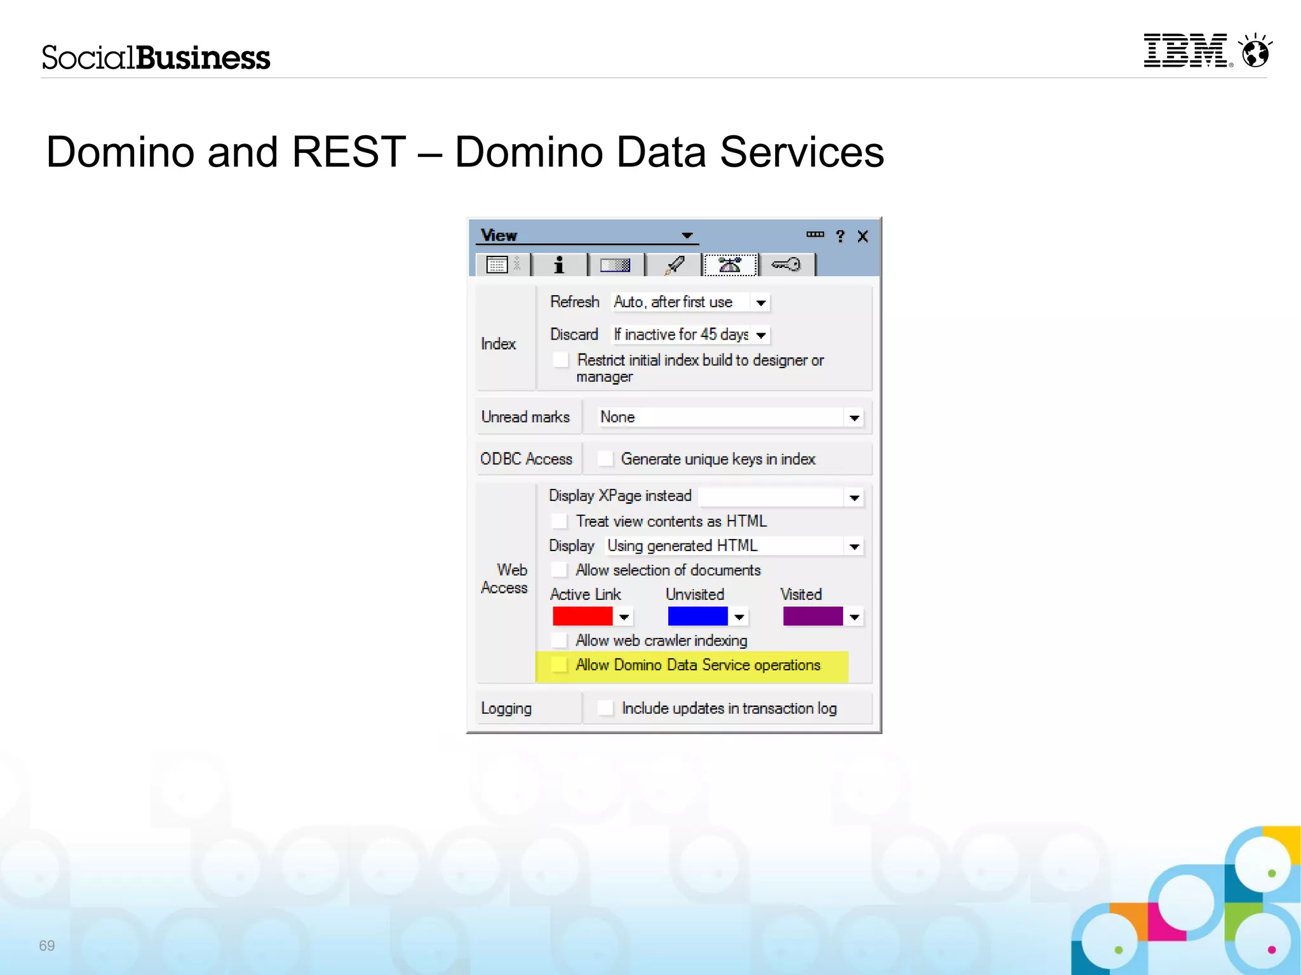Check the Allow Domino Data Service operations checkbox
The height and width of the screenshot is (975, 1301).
[x=560, y=665]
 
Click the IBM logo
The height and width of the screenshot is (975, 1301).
[x=1186, y=51]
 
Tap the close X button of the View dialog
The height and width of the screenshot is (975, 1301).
[x=863, y=237]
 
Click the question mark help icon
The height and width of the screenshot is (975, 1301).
[x=840, y=237]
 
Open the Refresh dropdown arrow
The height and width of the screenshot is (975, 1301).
[x=760, y=303]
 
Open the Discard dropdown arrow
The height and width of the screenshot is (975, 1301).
[x=760, y=335]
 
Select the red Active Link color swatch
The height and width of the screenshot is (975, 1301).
[x=582, y=616]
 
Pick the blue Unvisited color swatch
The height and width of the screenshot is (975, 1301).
[x=697, y=616]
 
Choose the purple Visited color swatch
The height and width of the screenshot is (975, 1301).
[x=812, y=616]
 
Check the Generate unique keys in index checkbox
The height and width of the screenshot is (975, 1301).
[x=605, y=458]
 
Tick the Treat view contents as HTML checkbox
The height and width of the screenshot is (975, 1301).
[x=560, y=521]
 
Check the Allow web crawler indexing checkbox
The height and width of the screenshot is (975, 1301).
[x=560, y=640]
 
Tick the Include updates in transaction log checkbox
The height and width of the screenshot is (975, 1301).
[x=606, y=708]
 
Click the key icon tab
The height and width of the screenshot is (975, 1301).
[x=786, y=265]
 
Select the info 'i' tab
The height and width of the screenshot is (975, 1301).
[x=559, y=265]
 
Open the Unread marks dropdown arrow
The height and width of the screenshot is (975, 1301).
[x=854, y=418]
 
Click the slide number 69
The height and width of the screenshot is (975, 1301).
[x=47, y=945]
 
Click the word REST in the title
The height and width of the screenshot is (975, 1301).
[x=349, y=152]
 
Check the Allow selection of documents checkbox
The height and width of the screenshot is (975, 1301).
[x=560, y=570]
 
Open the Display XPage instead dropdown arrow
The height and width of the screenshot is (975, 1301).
[x=854, y=498]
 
